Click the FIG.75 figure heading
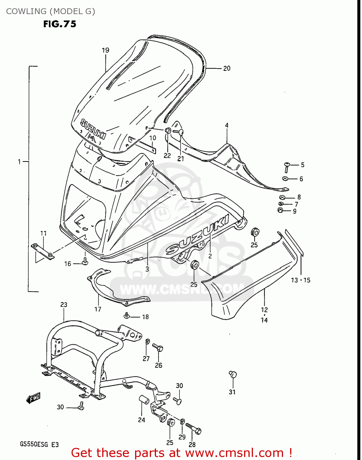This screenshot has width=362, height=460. point(60,24)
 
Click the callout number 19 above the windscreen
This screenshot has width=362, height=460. point(105,50)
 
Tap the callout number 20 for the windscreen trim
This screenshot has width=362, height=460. point(227,68)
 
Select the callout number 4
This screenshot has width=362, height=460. point(227,125)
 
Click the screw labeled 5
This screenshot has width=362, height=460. point(287,167)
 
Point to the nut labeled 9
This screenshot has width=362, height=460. point(280,210)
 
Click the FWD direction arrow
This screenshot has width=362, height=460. point(33,398)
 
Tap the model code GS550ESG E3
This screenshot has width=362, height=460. point(39,444)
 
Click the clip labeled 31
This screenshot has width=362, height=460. point(233,374)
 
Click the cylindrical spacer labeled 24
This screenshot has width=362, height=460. point(144,400)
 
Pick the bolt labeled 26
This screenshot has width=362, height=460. point(158,347)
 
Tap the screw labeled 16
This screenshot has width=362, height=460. point(85,261)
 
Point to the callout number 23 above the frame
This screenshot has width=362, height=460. point(64,305)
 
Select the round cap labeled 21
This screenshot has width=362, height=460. point(181,132)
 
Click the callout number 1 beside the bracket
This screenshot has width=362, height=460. point(19,162)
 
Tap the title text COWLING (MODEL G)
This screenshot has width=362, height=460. point(51,11)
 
